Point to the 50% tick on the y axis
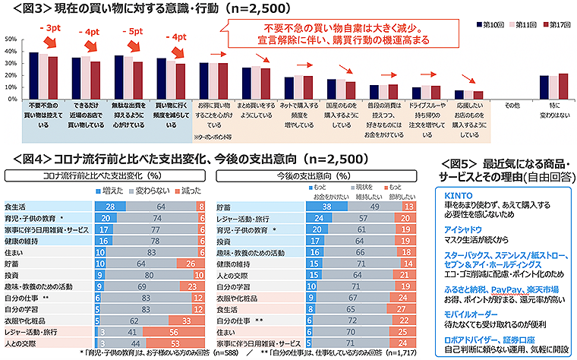click(11, 38)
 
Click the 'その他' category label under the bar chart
click(514, 105)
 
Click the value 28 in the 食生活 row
click(111, 206)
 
